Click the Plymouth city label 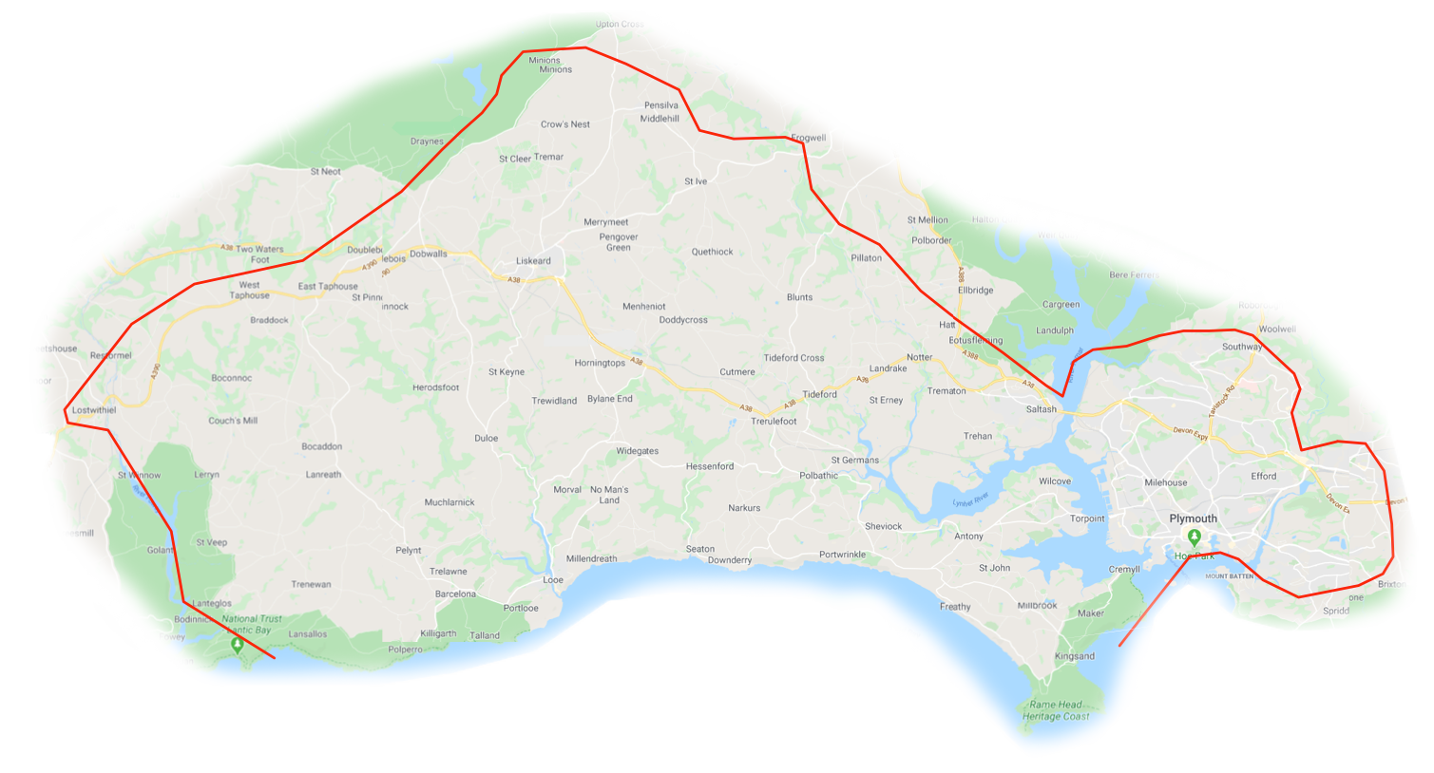pos(1193,518)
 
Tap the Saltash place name pos(1041,409)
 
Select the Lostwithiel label pos(94,410)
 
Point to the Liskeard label pos(533,261)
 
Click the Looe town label pos(553,580)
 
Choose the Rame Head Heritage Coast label pos(1056,710)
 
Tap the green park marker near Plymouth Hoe pos(1195,538)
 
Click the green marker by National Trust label pos(238,645)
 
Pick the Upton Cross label pos(620,25)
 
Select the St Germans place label pos(855,461)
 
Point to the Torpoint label pos(1087,518)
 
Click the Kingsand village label pos(1075,656)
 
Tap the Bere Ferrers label pos(1134,275)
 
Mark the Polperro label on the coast pos(405,650)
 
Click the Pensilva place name pos(661,105)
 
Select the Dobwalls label pos(429,254)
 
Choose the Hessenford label pos(710,466)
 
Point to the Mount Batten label pos(1229,576)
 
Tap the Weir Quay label pos(1058,236)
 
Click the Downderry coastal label pos(729,560)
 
